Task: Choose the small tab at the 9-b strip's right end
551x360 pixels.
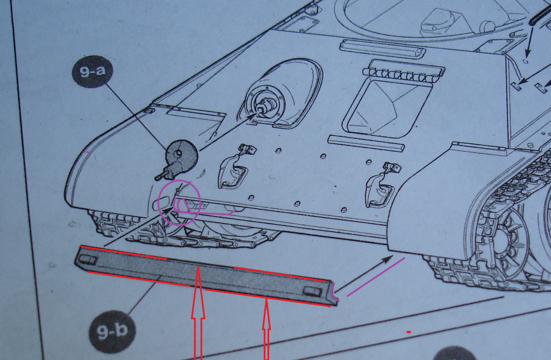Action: (313, 291)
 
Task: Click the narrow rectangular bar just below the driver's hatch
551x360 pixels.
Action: (366, 143)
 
